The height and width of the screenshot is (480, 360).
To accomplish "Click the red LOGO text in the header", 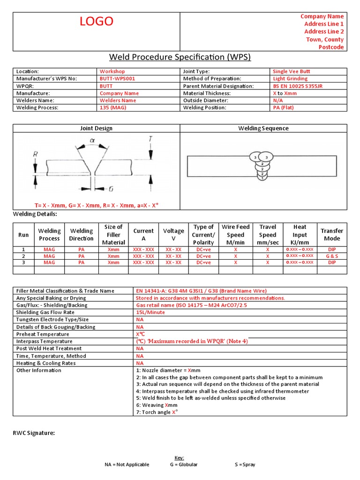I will (96, 21).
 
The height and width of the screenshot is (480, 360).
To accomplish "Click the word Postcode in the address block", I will (331, 47).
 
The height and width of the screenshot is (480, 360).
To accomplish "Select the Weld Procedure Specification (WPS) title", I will (180, 57).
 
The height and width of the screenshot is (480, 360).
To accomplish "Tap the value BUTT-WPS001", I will (117, 79).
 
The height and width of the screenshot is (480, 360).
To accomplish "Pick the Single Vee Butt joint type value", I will (291, 72).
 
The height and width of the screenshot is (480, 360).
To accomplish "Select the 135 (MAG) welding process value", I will (113, 108).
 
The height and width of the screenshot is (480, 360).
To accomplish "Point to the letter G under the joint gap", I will (111, 189).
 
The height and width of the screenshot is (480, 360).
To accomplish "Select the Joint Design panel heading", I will (97, 128).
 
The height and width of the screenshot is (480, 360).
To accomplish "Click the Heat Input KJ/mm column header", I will (300, 235).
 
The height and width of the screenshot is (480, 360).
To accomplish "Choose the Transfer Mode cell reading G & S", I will (332, 256).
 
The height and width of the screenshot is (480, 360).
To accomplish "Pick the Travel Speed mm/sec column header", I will (268, 235).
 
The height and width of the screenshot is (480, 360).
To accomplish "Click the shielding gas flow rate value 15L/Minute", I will (150, 313).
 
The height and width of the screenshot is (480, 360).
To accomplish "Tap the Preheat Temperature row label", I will (43, 334).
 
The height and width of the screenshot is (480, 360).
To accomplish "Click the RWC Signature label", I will (34, 433).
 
